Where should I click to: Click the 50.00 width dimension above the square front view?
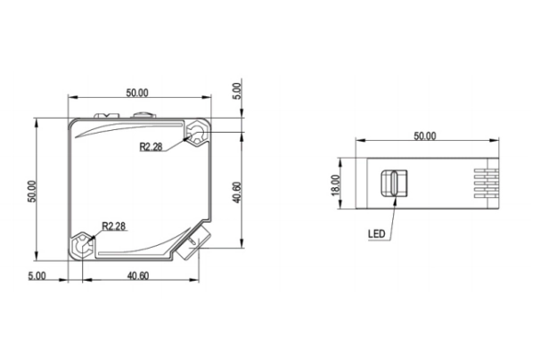[137, 93]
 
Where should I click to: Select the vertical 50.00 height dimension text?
[32, 192]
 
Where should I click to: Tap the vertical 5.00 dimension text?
[238, 91]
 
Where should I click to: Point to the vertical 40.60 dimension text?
[237, 192]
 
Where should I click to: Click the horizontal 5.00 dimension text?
[37, 276]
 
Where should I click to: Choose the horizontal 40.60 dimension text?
[138, 276]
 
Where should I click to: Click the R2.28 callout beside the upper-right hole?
[151, 147]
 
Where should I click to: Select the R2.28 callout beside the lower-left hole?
[114, 226]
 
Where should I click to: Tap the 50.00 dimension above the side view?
[425, 136]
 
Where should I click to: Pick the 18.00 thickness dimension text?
[335, 185]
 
